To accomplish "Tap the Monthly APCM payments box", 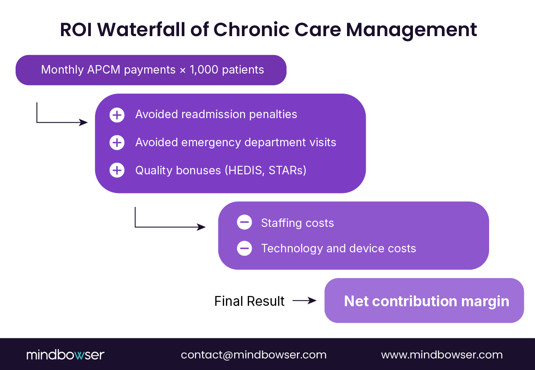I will tap(151, 70).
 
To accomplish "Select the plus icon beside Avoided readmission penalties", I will tap(117, 115).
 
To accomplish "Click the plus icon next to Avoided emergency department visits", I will tap(117, 143).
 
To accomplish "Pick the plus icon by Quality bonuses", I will tap(117, 170).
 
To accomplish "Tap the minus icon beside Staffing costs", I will tap(244, 222).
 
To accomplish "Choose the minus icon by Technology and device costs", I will tap(244, 248).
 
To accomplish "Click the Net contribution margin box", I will tap(424, 301).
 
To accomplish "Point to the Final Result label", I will tap(249, 301).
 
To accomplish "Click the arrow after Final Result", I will tap(304, 301).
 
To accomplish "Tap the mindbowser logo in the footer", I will tap(65, 355).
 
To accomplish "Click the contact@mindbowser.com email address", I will tap(253, 355).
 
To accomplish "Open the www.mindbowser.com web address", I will tap(441, 355).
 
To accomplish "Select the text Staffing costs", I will tap(297, 223).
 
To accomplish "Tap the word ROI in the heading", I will tap(76, 30).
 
